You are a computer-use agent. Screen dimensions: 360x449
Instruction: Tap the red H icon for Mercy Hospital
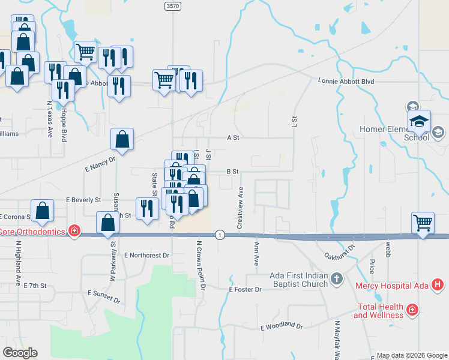point(438,284)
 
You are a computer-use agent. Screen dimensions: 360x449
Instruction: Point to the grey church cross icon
point(336,278)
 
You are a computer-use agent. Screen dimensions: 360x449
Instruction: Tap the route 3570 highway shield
point(172,5)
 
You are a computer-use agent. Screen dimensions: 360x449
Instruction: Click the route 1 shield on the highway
point(220,234)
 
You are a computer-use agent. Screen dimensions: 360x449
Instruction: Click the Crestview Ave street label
point(240,207)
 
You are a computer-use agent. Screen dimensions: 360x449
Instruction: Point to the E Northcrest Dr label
point(147,255)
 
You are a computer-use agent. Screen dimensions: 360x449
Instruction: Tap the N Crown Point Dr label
point(200,266)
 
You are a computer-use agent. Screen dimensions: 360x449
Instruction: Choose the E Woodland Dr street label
point(282,326)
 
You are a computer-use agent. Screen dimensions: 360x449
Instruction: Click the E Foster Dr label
point(246,289)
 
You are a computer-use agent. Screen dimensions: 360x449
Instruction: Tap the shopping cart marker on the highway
point(423,223)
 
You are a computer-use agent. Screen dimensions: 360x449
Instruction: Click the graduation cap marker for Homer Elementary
point(420,122)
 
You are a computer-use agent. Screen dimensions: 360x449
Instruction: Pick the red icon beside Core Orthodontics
point(74,231)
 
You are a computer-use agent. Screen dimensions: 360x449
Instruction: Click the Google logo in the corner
point(20,353)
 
